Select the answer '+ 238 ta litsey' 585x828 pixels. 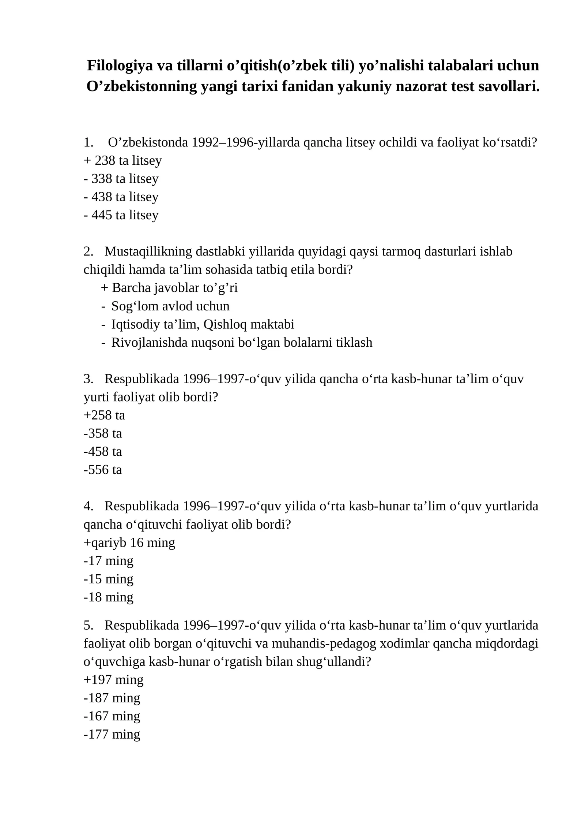click(x=123, y=160)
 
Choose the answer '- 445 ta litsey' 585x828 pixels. click(x=121, y=215)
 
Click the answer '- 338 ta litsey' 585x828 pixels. click(x=121, y=179)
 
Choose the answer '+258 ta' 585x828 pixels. click(x=104, y=415)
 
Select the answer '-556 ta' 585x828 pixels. click(x=103, y=470)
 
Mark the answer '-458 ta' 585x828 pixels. click(x=103, y=452)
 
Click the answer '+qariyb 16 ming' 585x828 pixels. click(x=129, y=542)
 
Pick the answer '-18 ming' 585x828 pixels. click(x=109, y=597)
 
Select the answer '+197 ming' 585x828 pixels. click(x=113, y=680)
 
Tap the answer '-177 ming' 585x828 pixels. click(x=112, y=734)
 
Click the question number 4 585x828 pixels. click(x=87, y=506)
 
